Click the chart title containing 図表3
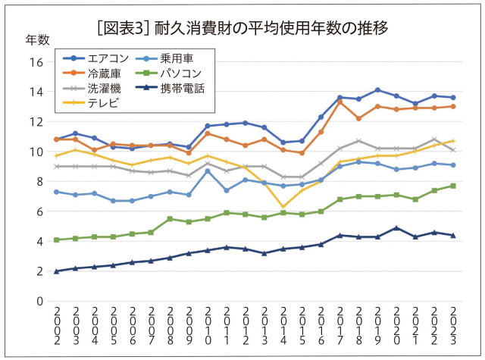point(242,29)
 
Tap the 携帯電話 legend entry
point(183,88)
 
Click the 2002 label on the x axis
point(57,327)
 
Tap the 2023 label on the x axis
point(453,327)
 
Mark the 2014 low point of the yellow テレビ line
point(283,207)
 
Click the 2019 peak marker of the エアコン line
point(377,90)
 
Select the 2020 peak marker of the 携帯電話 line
point(396,228)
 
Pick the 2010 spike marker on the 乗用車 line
point(208,171)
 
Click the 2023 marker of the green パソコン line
point(453,186)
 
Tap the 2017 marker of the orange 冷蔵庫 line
point(339,102)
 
